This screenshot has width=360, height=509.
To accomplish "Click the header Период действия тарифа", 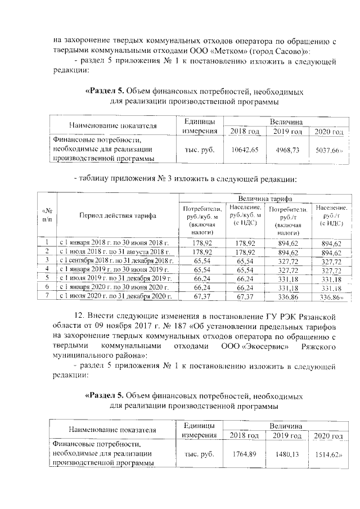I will (x=118, y=216).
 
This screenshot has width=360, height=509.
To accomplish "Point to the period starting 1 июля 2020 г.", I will (x=114, y=296).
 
